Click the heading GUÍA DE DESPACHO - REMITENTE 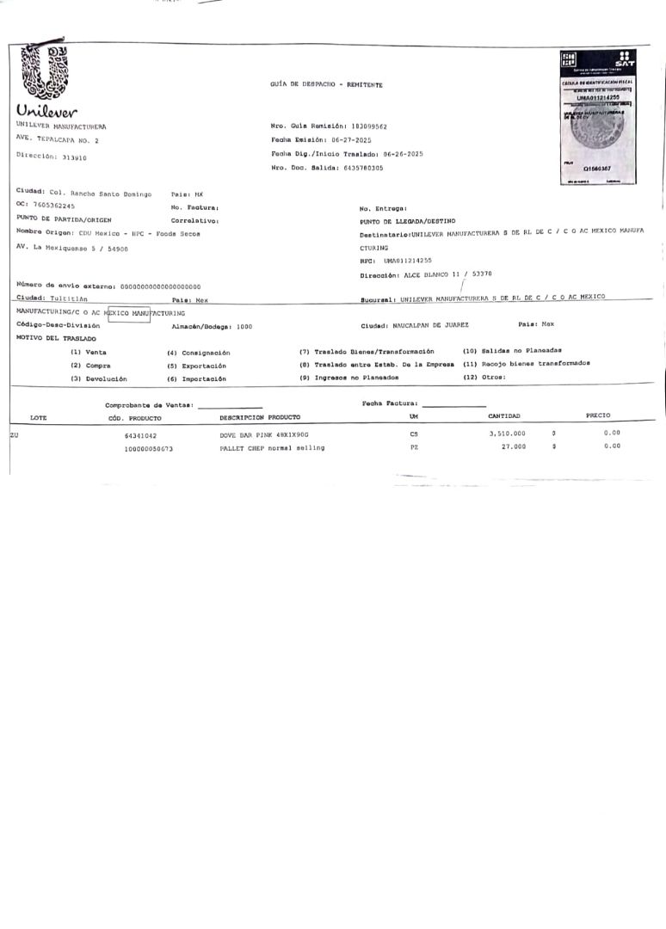326,84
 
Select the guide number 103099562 363,126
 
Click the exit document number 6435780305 352,167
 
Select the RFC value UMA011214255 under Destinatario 407,260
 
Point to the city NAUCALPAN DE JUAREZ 428,325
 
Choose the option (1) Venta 88,352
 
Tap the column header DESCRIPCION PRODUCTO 260,416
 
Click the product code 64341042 140,435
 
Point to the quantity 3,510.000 507,434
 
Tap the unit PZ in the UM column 414,447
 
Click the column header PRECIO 598,415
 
